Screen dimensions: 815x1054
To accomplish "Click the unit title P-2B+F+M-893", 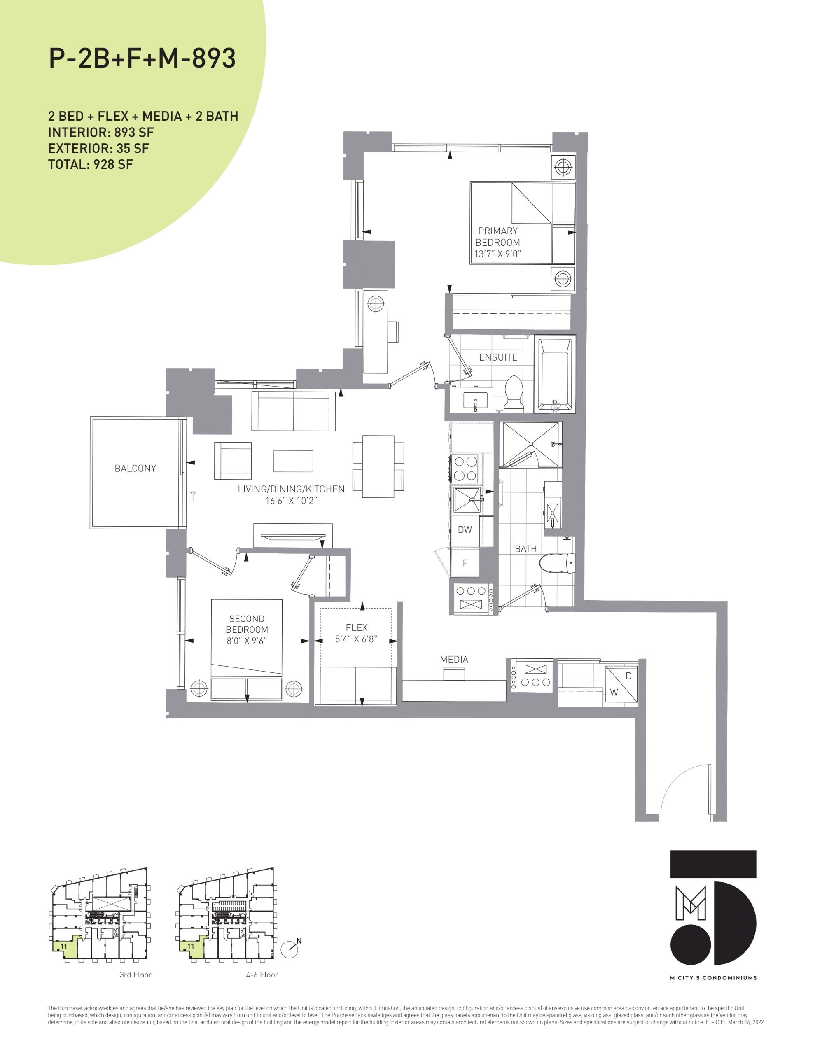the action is (x=142, y=58).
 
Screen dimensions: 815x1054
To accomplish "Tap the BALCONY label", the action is (x=135, y=468).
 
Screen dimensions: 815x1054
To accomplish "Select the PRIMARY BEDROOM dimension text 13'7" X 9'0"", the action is (x=498, y=254).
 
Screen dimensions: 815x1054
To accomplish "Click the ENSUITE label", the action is (x=498, y=357).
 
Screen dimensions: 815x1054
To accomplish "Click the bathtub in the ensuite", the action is (x=555, y=374).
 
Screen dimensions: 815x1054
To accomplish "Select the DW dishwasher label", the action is (x=465, y=529).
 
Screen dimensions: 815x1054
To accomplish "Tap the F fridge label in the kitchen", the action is (x=465, y=563).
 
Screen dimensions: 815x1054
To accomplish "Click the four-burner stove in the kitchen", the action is (x=465, y=468).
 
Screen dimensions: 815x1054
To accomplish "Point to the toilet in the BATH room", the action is (x=557, y=563).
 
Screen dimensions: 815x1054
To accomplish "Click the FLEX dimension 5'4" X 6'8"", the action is (x=356, y=639).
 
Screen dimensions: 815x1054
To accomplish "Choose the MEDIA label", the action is (x=454, y=659).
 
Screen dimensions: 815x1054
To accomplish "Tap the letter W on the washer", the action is (x=614, y=692).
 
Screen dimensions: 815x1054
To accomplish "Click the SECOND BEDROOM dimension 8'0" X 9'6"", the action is (x=247, y=641).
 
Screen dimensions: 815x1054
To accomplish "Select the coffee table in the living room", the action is (x=293, y=461).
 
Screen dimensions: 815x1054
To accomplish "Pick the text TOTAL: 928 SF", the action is (x=90, y=165).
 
